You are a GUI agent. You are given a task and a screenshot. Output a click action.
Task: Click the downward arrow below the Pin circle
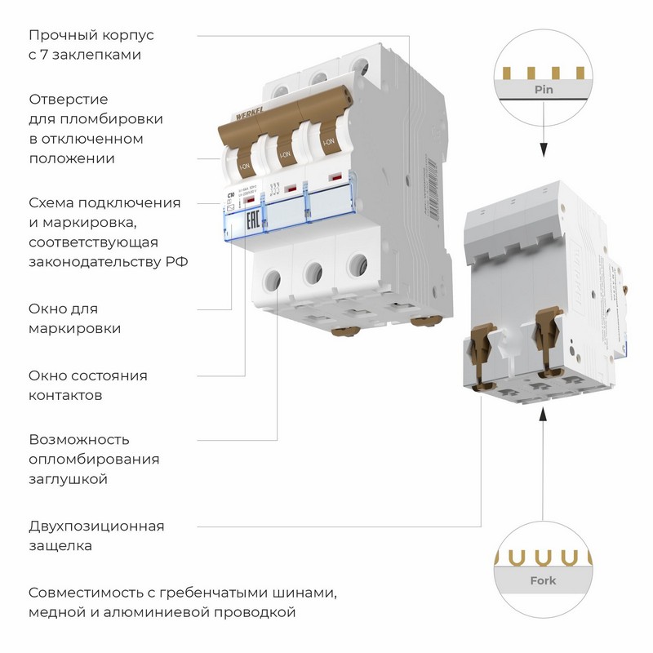click(x=542, y=152)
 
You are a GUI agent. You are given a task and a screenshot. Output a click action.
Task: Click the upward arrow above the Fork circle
click(x=542, y=418)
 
